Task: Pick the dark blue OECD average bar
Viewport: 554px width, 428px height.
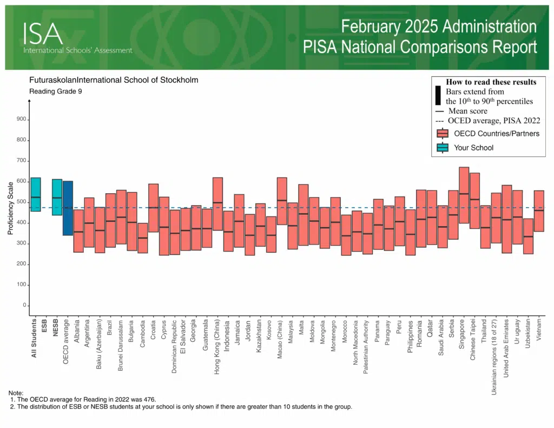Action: click(68, 208)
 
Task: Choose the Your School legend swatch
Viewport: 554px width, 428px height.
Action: click(443, 147)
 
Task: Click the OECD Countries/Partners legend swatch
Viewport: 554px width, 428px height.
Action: click(443, 134)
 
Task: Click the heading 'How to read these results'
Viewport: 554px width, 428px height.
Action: click(491, 82)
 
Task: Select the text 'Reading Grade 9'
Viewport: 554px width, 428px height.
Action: click(55, 91)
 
